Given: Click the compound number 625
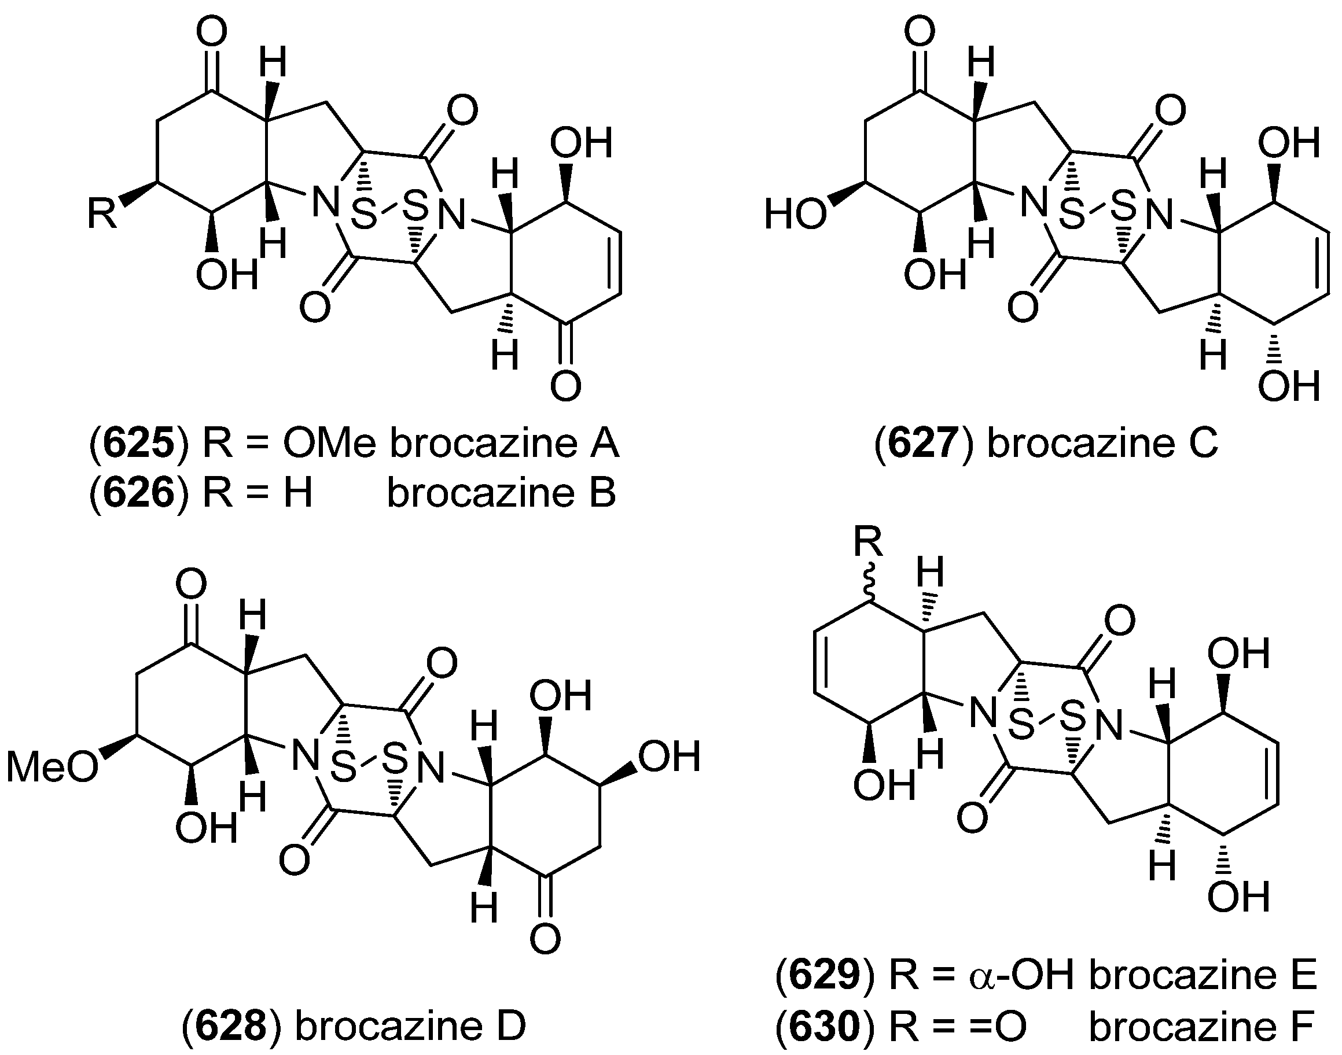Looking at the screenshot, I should point(138,444).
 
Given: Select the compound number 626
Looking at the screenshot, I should point(138,493).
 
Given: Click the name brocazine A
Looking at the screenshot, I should point(504,444).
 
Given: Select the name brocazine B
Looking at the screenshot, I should point(502,493).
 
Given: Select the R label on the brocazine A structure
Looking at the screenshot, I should point(101,213).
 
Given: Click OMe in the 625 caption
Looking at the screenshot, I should point(329,444).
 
